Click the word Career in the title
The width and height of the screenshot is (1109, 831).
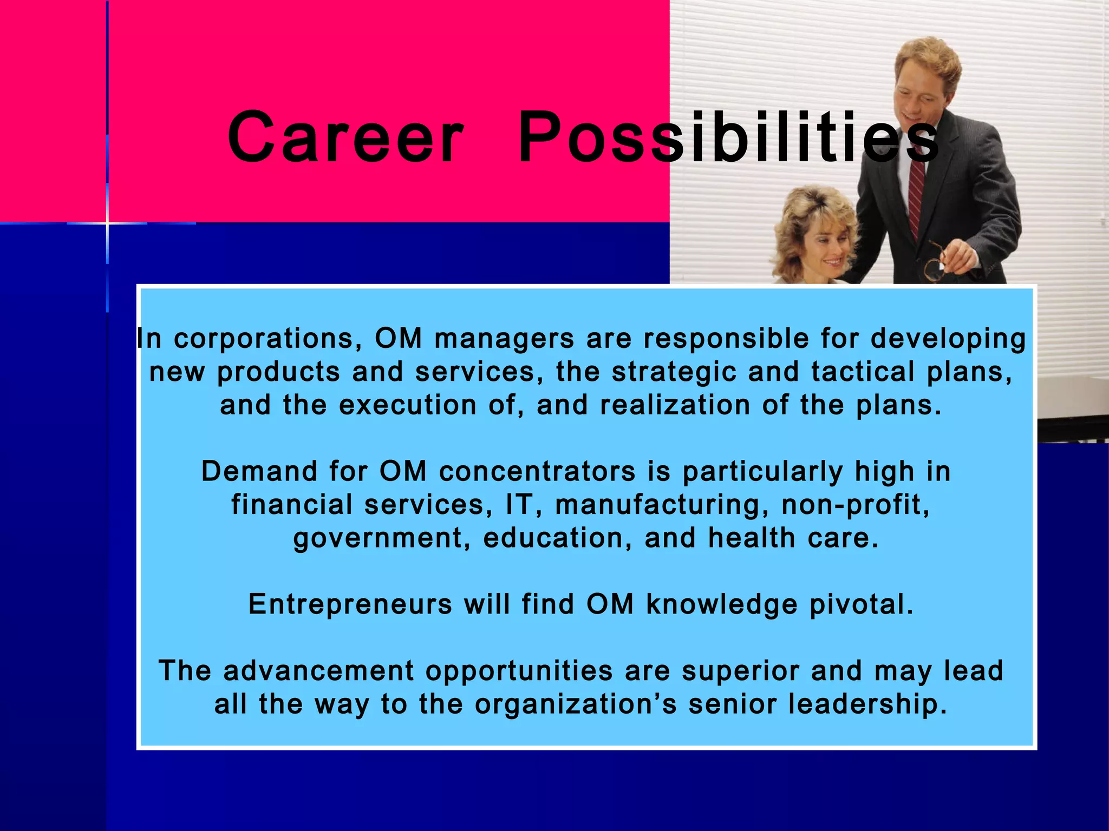pos(345,138)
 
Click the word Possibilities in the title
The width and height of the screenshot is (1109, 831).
pos(728,138)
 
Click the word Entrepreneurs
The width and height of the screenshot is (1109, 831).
pos(350,604)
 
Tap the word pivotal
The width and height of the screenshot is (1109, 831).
pos(861,604)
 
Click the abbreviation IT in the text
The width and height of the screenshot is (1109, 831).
pos(519,505)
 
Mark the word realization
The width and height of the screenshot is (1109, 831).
pos(675,405)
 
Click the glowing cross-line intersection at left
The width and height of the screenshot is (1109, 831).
pos(107,223)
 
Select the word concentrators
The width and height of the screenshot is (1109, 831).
pos(537,471)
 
